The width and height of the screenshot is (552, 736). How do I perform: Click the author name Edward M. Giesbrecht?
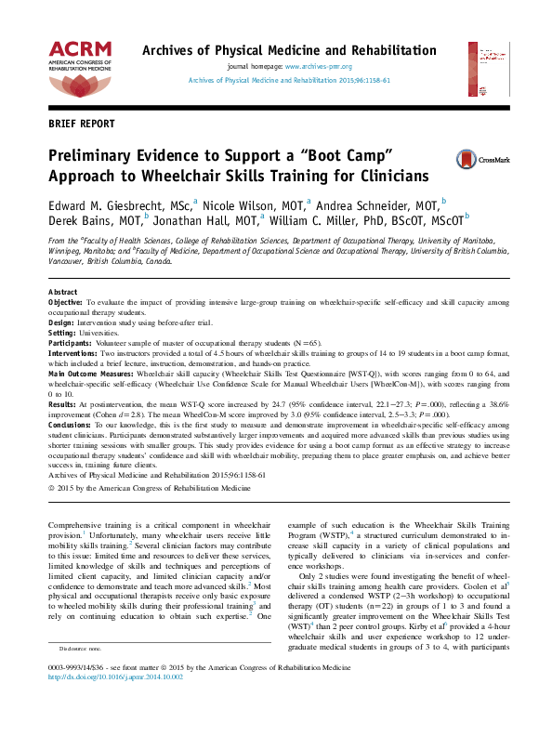(101, 202)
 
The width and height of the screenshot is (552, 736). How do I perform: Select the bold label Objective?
(66, 303)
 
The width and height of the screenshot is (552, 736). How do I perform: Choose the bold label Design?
(61, 323)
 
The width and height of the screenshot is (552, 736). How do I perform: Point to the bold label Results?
(62, 404)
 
